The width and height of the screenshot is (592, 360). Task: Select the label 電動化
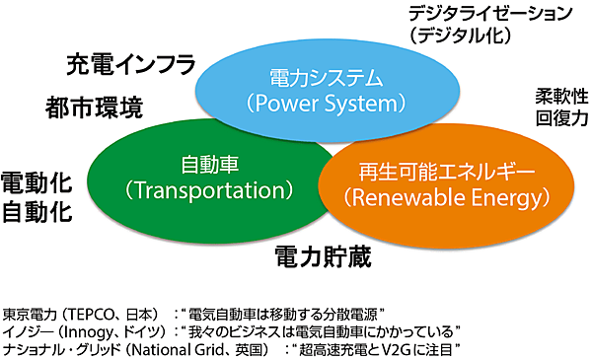tap(37, 182)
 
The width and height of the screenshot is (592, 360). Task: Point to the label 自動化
tap(37, 211)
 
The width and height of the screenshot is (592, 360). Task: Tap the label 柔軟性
tap(561, 97)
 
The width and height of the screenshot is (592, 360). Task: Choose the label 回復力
tap(561, 117)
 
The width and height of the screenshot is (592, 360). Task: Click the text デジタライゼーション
tap(489, 14)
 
